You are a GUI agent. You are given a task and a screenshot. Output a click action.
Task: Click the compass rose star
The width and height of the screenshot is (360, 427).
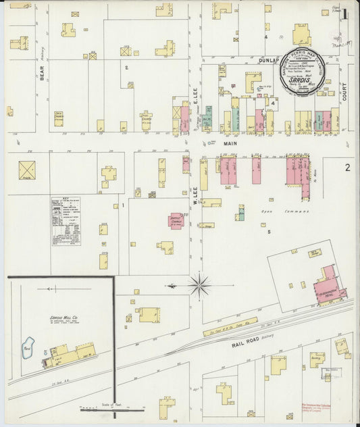[x=199, y=286]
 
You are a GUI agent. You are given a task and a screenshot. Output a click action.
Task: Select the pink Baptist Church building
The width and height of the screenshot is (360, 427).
[x=176, y=221]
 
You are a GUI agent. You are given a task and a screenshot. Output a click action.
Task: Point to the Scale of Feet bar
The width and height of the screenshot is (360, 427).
[x=111, y=408]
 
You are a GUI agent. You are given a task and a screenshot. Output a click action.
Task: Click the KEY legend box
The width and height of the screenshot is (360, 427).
[x=66, y=220]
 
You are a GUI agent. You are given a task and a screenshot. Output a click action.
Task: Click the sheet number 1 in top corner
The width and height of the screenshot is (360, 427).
[x=344, y=14]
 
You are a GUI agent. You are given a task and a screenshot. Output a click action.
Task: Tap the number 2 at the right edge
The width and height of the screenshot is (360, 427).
[x=347, y=167]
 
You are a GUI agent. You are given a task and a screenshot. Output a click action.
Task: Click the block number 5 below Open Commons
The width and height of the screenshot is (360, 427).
[x=268, y=232]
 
